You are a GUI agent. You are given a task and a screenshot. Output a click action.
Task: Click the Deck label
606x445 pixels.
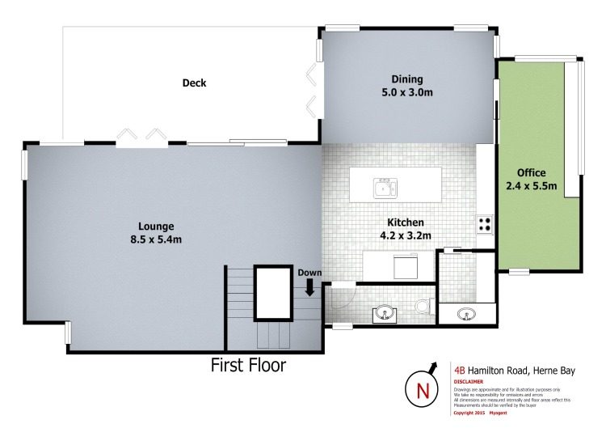click(195, 83)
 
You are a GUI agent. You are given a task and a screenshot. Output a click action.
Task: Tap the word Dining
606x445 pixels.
click(407, 79)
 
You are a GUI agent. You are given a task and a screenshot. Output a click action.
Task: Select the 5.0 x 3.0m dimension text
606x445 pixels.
click(407, 92)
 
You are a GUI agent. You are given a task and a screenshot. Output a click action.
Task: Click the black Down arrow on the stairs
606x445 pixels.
click(309, 288)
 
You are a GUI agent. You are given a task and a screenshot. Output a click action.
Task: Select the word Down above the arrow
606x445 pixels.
click(309, 273)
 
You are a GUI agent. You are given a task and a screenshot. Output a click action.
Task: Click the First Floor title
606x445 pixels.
click(248, 366)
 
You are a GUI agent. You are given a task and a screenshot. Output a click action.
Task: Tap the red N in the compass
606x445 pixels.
click(422, 391)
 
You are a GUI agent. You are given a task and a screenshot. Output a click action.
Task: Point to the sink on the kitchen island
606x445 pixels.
click(383, 189)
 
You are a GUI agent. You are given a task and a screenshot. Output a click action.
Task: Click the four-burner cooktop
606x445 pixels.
click(485, 224)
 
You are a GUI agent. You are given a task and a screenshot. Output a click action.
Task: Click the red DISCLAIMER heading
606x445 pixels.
click(468, 381)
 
